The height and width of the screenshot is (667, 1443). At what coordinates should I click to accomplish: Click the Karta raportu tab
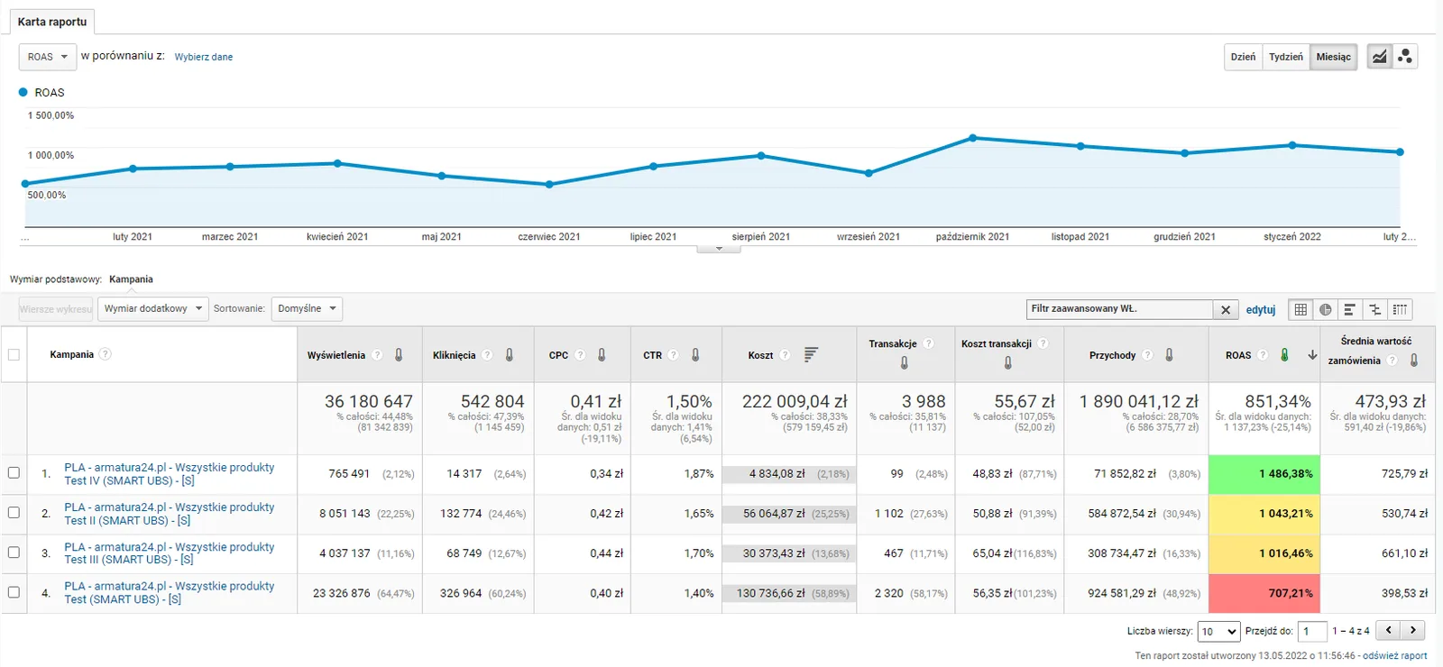52,22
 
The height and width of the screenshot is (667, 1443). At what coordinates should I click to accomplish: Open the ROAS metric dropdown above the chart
48,57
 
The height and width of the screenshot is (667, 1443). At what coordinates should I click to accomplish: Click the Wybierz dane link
204,57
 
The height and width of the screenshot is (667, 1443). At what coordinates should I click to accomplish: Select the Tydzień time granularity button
1286,57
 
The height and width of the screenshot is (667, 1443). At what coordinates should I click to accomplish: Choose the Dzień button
1244,57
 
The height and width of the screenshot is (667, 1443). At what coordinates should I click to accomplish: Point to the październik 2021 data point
973,138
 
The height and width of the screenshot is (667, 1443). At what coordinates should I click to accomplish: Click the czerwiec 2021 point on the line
549,184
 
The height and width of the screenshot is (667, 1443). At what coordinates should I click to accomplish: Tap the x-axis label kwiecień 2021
337,236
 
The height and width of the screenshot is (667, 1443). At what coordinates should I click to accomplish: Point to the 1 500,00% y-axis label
51,115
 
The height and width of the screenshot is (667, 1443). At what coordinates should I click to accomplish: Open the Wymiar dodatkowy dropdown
153,308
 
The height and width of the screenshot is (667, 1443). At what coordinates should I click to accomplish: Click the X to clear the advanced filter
1226,310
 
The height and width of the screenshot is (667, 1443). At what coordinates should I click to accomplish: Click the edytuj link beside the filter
1261,310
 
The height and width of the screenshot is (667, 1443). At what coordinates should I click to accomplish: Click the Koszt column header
760,355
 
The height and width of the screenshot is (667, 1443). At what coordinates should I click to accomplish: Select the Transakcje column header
893,343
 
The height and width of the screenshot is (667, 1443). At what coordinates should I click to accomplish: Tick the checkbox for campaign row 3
14,553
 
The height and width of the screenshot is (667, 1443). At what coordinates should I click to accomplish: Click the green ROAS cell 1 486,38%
1264,474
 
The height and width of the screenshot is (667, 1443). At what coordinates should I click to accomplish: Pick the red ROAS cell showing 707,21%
1264,593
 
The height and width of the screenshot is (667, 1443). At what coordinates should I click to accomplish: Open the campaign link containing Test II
170,514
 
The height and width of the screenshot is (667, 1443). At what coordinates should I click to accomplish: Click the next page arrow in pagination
1412,630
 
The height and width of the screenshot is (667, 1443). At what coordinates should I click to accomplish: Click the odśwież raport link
1394,655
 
